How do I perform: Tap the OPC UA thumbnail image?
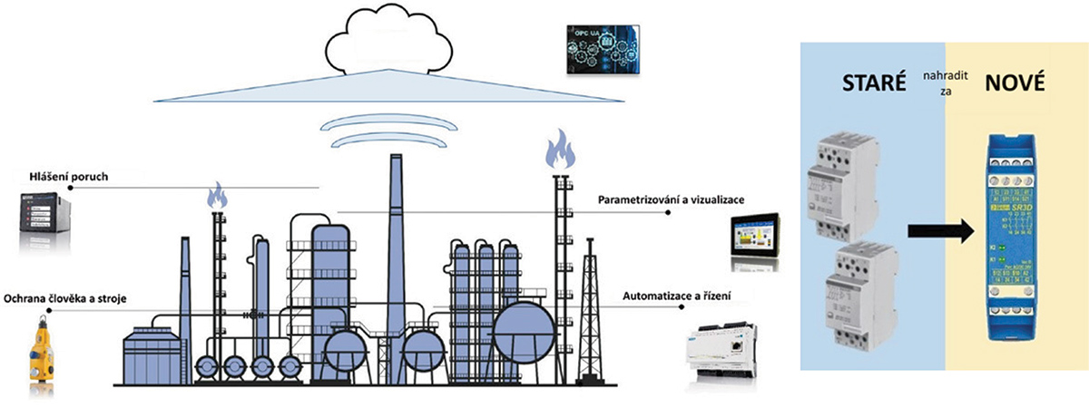598,51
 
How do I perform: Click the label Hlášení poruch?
68,177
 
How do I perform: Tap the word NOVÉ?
1015,85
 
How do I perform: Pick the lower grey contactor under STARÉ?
859,297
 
